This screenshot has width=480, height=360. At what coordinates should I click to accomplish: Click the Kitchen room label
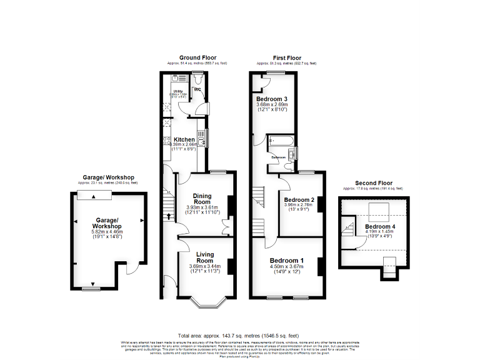click(184, 139)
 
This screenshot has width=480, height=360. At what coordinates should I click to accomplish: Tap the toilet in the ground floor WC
click(198, 80)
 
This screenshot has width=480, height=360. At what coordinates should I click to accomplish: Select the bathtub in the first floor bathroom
click(282, 141)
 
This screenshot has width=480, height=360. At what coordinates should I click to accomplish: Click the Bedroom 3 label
click(272, 99)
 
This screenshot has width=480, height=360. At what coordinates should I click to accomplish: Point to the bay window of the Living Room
click(206, 302)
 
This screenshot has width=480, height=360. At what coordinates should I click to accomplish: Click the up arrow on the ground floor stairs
click(169, 217)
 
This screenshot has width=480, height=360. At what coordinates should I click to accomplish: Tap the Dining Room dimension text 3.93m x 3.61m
click(202, 207)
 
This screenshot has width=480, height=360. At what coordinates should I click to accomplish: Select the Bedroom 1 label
click(287, 260)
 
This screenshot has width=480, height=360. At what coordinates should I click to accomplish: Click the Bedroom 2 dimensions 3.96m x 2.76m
click(297, 204)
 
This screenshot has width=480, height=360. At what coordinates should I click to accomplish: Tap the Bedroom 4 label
click(381, 226)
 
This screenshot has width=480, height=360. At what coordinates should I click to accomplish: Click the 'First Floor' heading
click(287, 57)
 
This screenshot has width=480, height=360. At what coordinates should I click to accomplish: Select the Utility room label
click(177, 91)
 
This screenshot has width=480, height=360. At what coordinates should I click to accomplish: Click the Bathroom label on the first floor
click(278, 157)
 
